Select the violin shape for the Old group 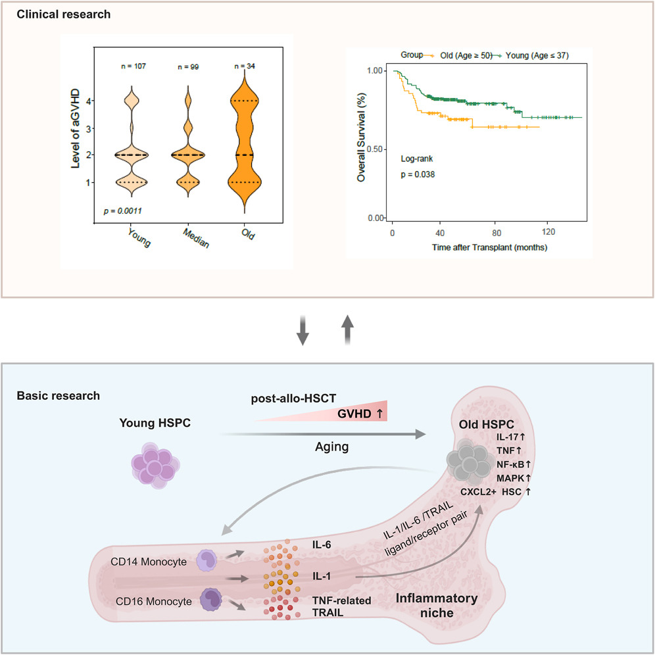point(244,145)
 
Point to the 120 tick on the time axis point(549,233)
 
